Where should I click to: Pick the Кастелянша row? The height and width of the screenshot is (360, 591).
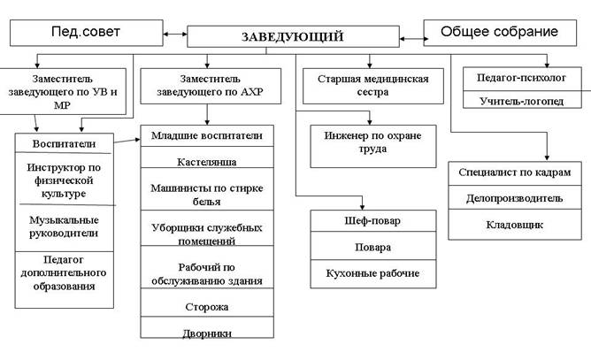tap(208, 162)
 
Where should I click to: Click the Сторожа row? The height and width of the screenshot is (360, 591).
tap(208, 307)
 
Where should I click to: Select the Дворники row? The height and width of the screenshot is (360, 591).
tap(208, 333)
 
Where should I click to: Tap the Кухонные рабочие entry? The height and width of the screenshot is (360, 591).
tap(374, 273)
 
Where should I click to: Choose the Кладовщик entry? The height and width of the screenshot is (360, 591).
tap(512, 225)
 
